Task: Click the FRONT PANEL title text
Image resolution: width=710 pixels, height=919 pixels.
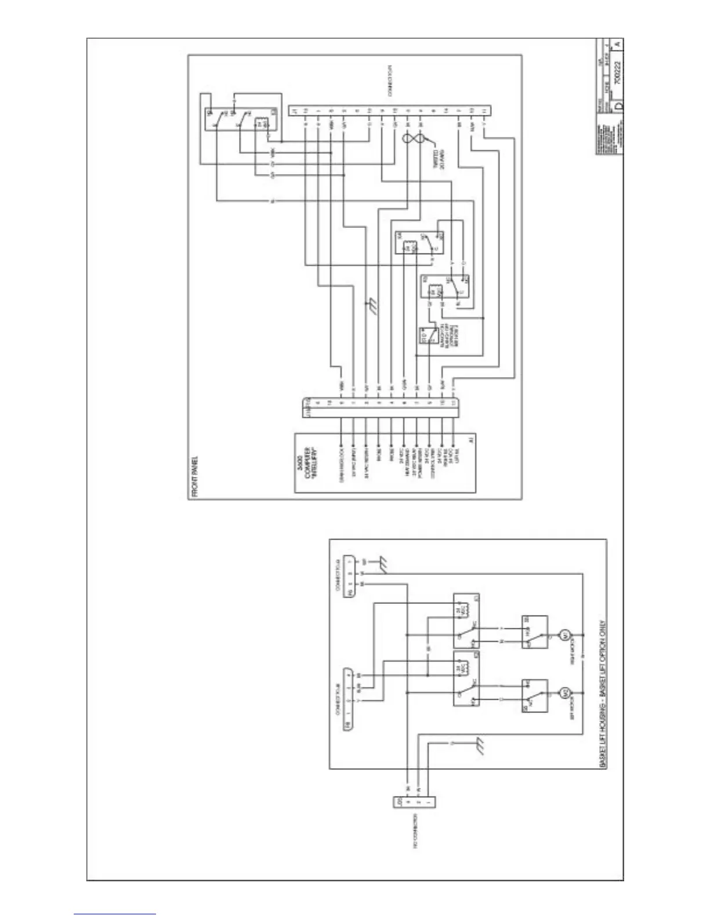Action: (x=194, y=477)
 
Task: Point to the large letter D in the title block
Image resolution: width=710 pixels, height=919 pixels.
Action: (x=618, y=107)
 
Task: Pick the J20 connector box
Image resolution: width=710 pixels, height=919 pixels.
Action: (x=414, y=802)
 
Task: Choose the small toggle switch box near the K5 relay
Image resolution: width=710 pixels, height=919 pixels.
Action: (x=429, y=337)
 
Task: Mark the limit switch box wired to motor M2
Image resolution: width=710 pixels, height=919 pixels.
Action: (x=534, y=696)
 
